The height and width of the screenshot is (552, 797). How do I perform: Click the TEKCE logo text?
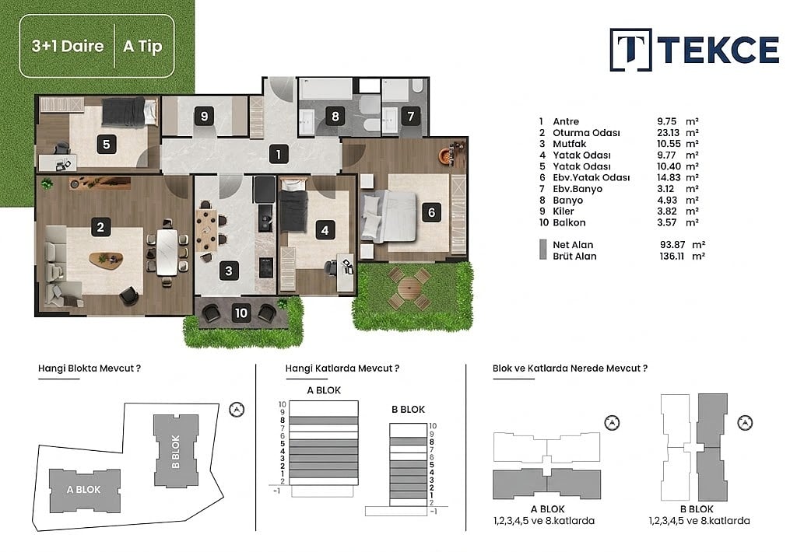pos(718,50)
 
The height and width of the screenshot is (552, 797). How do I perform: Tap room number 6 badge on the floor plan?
pos(431,211)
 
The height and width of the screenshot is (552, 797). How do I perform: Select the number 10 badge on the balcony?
pos(241,313)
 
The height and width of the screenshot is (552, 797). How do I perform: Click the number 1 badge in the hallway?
pos(279,154)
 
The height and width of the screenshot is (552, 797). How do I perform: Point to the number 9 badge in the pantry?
pos(204,117)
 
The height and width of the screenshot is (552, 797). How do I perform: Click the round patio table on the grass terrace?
pos(407,288)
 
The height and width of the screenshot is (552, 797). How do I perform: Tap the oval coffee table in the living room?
pos(106,260)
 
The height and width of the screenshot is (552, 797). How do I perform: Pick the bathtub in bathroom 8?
pos(325,89)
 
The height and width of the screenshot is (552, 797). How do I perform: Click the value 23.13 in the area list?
pos(668,132)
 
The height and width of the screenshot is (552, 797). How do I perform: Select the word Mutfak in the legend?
pos(569,144)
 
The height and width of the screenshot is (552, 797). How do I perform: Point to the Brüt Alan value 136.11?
pos(672,256)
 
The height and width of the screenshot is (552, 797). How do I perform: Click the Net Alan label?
pos(573,245)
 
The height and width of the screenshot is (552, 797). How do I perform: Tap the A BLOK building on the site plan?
pos(85,490)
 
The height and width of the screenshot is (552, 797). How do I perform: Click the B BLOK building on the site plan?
pos(176,450)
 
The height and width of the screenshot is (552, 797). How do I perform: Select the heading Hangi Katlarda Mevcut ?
pos(342,369)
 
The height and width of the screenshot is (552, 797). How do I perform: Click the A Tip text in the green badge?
pos(143,46)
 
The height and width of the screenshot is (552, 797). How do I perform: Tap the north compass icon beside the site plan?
pos(237,409)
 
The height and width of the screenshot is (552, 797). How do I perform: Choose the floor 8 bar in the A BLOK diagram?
pos(324,421)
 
